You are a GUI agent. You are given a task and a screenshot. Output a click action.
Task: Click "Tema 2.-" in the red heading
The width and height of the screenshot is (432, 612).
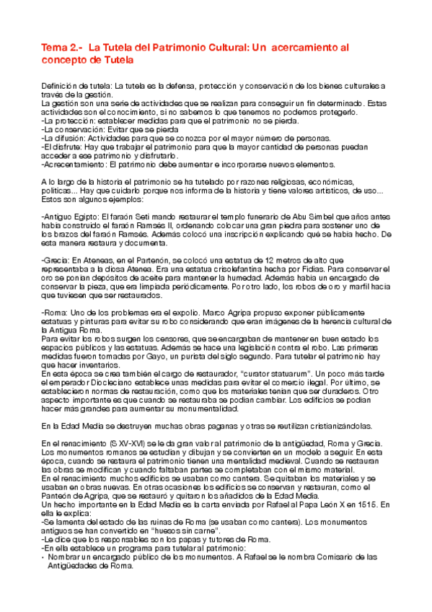click(58, 48)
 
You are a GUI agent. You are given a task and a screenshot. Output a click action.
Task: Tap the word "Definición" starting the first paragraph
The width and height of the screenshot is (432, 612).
click(59, 87)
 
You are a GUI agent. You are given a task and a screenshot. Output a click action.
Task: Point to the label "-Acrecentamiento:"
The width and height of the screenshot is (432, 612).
click(71, 165)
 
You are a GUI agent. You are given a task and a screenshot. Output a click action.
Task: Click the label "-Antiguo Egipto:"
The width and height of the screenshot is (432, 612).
click(68, 217)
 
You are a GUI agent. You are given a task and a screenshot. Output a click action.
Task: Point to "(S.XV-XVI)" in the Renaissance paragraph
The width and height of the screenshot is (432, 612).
click(118, 442)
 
